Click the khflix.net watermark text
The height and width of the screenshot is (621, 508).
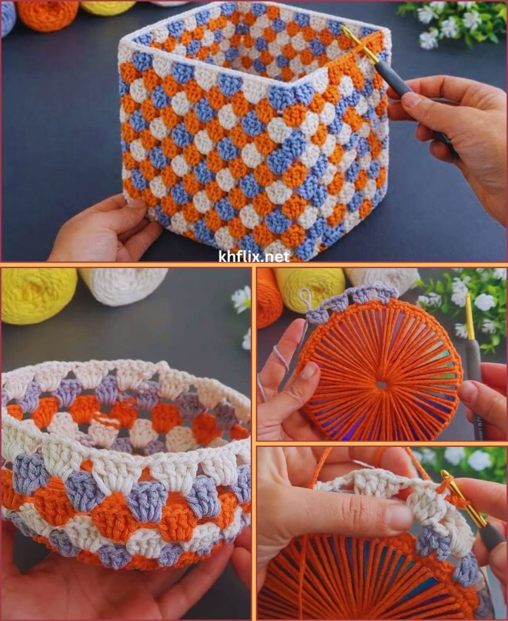(254, 257)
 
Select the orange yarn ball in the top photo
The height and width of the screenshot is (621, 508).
(47, 15)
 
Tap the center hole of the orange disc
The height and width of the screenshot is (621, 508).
(381, 384)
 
